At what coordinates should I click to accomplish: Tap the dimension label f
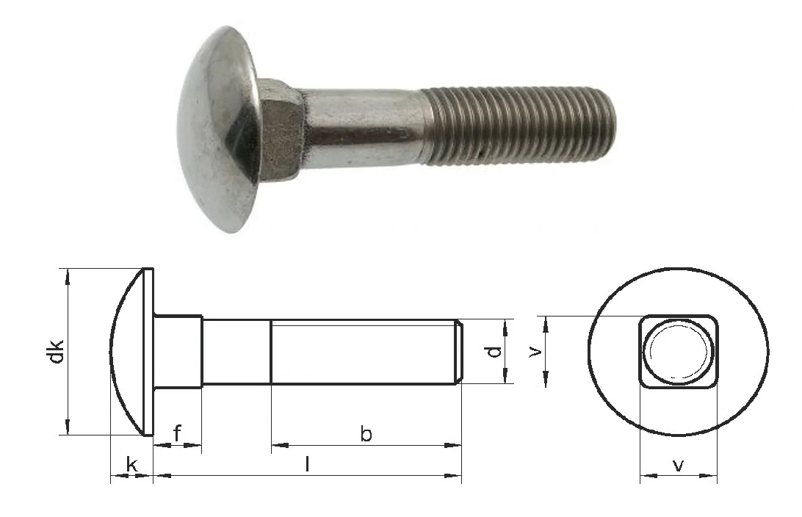(177, 433)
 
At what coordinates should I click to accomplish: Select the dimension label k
(131, 465)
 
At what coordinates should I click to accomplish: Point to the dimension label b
(366, 433)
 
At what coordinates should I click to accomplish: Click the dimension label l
(307, 464)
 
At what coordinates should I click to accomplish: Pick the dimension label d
(494, 351)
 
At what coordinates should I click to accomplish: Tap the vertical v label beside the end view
(535, 351)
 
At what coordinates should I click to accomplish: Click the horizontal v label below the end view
(678, 465)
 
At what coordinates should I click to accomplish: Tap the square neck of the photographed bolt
(279, 131)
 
